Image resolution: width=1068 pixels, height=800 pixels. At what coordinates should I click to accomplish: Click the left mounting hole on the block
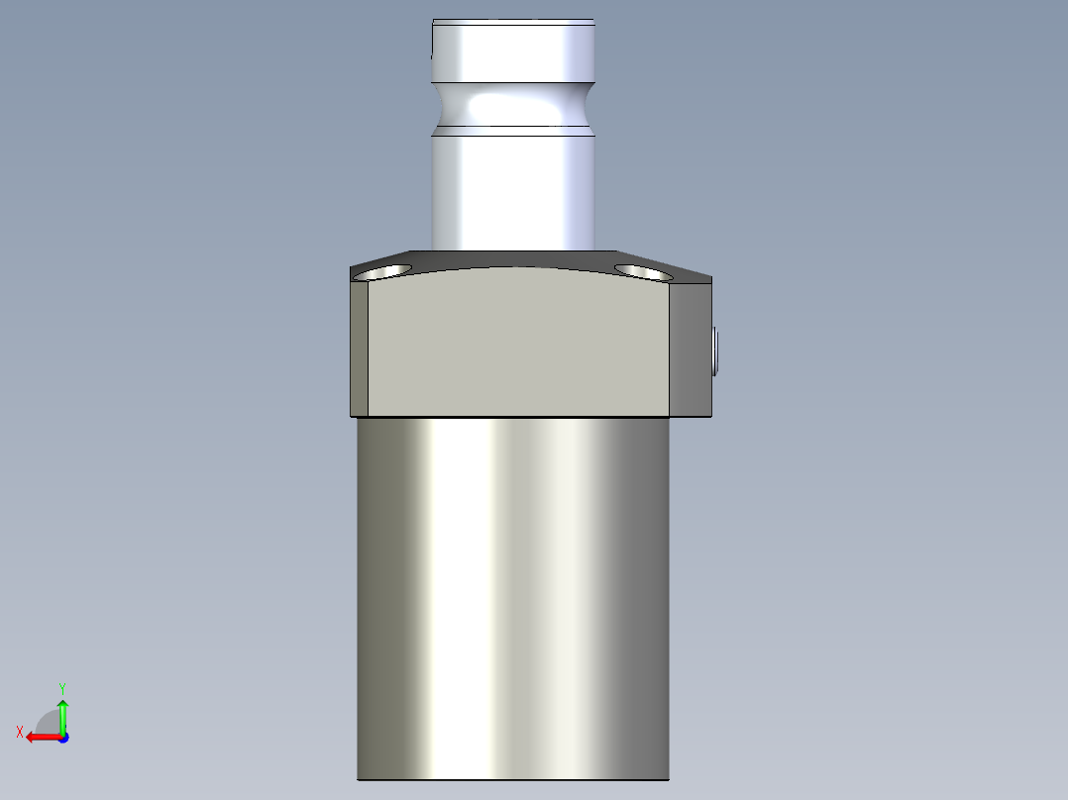click(384, 271)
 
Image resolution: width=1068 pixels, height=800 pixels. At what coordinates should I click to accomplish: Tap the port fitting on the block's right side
click(715, 351)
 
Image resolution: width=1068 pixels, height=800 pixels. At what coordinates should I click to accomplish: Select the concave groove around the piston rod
click(513, 103)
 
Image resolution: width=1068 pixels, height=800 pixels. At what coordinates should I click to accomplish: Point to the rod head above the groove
click(513, 54)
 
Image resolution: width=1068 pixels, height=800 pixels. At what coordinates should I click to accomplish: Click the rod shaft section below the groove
click(513, 193)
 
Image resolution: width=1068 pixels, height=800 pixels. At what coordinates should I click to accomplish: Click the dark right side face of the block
click(691, 351)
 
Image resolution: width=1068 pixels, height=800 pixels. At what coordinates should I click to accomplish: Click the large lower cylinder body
click(513, 594)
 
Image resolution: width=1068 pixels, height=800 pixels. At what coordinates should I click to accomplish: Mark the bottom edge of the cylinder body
click(513, 779)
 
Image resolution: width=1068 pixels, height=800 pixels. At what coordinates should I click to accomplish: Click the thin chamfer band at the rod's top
click(513, 22)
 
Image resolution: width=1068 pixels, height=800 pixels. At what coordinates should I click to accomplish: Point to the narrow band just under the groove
click(513, 131)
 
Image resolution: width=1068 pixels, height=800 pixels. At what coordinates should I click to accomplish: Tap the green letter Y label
click(62, 687)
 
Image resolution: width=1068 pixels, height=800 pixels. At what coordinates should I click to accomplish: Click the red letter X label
click(20, 732)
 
